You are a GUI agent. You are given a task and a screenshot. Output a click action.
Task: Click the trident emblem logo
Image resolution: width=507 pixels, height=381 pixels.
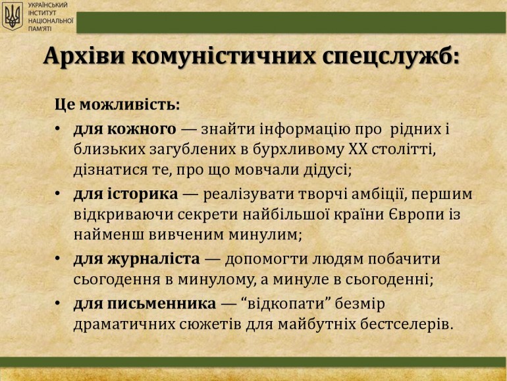tap(13, 16)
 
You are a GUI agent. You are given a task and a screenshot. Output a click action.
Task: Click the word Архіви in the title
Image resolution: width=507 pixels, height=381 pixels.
tap(84, 56)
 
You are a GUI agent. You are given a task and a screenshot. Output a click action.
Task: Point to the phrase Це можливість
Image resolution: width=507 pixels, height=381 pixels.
tap(117, 105)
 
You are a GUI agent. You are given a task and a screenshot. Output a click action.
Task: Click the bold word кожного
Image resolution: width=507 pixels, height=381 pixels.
tap(142, 129)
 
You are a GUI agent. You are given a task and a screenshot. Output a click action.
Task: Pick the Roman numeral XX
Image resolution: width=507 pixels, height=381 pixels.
tap(358, 149)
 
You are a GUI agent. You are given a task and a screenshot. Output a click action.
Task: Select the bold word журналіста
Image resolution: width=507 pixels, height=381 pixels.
tap(153, 259)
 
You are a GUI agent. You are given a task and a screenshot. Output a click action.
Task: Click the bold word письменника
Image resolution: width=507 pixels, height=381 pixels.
tap(161, 304)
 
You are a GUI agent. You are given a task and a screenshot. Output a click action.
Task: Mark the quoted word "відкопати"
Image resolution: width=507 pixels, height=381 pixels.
tap(287, 304)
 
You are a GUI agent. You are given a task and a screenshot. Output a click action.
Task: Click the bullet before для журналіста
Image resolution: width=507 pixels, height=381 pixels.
tap(58, 258)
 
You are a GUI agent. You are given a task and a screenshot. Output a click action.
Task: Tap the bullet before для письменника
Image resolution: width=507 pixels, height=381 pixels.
tap(58, 303)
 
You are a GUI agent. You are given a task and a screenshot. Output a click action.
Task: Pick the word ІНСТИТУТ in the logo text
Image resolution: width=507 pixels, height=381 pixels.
tap(42, 13)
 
